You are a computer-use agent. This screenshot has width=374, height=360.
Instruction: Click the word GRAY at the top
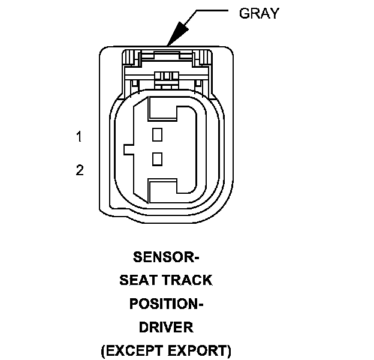tap(259, 13)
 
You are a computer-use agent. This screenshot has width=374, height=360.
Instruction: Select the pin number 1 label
tap(79, 137)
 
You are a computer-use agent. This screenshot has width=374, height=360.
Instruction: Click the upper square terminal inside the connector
tap(158, 134)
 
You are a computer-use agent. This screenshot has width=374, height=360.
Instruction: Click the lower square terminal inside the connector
tap(158, 158)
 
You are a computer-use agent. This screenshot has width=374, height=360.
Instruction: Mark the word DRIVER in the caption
tap(166, 327)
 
